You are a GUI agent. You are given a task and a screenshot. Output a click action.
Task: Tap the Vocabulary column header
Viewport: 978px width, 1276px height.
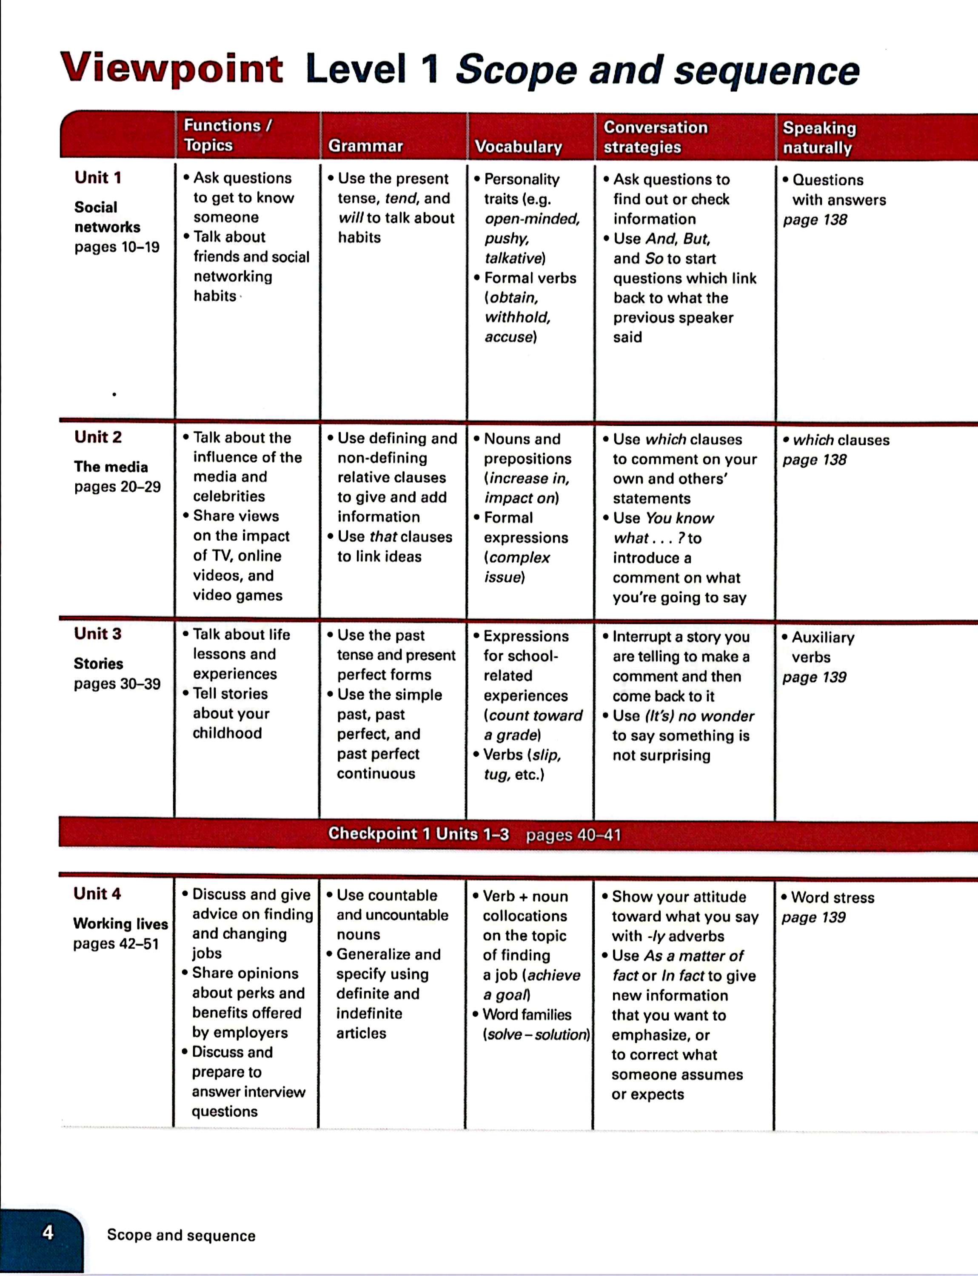pos(518,147)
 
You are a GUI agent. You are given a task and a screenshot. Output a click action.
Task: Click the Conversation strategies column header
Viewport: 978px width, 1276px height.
pos(655,137)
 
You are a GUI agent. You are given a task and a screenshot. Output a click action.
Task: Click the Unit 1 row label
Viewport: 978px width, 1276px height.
pos(98,177)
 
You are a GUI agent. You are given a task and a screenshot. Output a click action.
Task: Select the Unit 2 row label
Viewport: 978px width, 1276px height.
pos(98,437)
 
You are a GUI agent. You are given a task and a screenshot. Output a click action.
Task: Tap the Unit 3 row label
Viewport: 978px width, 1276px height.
pos(98,633)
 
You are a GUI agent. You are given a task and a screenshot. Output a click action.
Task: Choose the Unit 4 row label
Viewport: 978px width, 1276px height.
pos(97,894)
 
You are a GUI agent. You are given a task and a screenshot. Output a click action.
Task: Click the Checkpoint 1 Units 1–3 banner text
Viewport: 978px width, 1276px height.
pos(418,834)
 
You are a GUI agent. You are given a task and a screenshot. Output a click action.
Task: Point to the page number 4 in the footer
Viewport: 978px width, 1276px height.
pos(48,1232)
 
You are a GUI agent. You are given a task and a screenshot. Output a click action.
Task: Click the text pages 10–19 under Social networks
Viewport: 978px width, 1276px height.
pos(117,248)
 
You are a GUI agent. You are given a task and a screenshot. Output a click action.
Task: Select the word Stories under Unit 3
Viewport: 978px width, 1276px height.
pos(98,664)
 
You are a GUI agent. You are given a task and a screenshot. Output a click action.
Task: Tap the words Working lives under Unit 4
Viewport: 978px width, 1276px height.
pos(120,924)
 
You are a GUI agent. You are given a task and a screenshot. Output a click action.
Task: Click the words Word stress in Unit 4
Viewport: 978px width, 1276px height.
pos(833,897)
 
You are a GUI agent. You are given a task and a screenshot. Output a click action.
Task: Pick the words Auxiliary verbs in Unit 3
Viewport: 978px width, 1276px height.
pos(822,647)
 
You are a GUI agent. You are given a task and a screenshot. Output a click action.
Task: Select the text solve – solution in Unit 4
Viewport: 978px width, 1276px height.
pos(536,1034)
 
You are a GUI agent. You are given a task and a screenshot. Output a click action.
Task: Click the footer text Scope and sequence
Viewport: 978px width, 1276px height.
pos(181,1235)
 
